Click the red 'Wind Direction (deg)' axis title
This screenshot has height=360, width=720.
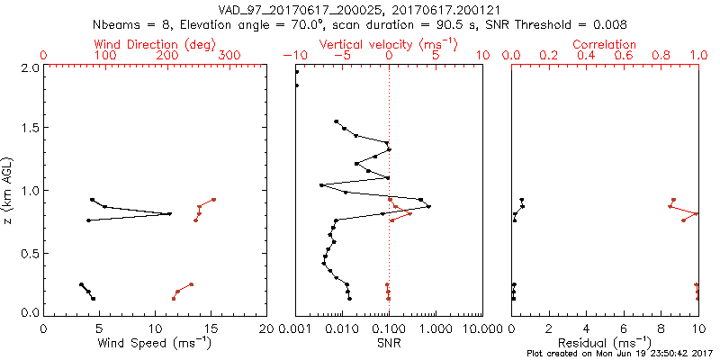(x=131, y=44)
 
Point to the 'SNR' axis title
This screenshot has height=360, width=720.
(x=389, y=343)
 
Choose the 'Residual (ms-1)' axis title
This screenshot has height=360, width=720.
(x=605, y=343)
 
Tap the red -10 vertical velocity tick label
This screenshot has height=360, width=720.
(x=295, y=56)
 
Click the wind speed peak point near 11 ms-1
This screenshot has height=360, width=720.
(x=169, y=213)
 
